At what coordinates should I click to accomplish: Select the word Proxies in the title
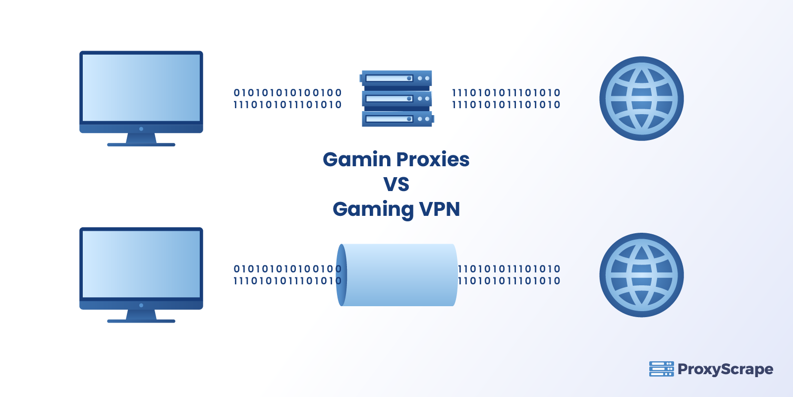coord(433,160)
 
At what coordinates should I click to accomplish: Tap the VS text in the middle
coord(396,185)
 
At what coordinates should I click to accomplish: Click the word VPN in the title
coord(440,209)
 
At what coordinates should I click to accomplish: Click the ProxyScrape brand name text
coord(725,370)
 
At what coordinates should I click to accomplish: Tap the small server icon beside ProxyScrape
coord(661,369)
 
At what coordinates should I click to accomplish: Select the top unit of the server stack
coord(396,78)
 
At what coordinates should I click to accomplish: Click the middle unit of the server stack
coord(396,98)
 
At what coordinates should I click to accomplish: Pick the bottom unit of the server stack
coord(396,119)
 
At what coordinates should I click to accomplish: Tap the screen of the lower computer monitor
coord(141,264)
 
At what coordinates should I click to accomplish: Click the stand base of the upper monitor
coord(141,144)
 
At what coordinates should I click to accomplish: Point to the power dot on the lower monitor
coord(141,305)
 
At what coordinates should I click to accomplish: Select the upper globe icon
coord(641,98)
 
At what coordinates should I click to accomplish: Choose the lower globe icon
coord(641,275)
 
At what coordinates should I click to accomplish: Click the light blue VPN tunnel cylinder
coord(401,275)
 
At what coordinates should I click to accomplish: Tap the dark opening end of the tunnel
coord(341,275)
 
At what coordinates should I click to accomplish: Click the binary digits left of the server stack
coord(287,98)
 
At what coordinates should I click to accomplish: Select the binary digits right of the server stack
coord(506,98)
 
